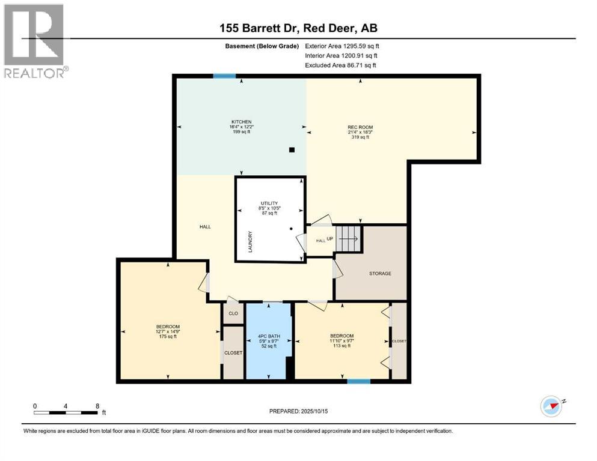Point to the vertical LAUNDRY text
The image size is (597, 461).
tap(250, 242)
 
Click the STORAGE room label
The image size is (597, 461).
tap(380, 274)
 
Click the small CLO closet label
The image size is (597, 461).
tap(233, 313)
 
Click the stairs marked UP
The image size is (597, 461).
tap(347, 239)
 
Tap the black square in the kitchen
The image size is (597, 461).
tap(292, 150)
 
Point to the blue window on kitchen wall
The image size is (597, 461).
tap(224, 76)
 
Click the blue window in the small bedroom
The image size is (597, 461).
tap(358, 381)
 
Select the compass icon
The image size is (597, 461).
tap(551, 406)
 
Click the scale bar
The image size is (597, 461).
tap(66, 412)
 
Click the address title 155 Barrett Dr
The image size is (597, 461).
tap(299, 28)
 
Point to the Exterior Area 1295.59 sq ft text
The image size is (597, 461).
tap(342, 46)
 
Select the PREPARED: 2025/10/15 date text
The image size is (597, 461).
tap(298, 411)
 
